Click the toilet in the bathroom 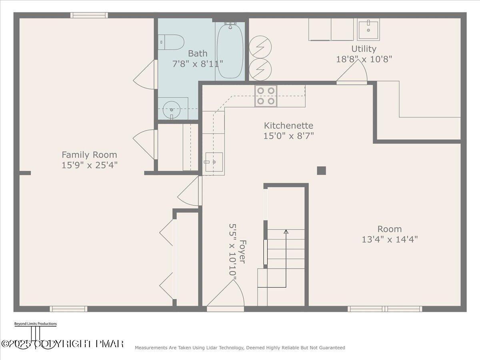coord(171,42)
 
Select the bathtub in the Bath coord(230,50)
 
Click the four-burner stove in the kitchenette coord(266,96)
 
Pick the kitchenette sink coord(214,162)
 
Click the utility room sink coord(368,29)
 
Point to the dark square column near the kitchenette coord(321,171)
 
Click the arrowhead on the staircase coord(286,231)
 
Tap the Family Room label coord(89,155)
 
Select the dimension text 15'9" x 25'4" coord(89,165)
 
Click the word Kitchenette coord(288,126)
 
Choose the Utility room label coord(364,49)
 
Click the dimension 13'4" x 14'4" coord(390,240)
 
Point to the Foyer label coord(242,251)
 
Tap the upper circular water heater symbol coord(260,47)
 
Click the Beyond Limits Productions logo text coord(35,324)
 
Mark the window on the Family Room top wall coord(89,15)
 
